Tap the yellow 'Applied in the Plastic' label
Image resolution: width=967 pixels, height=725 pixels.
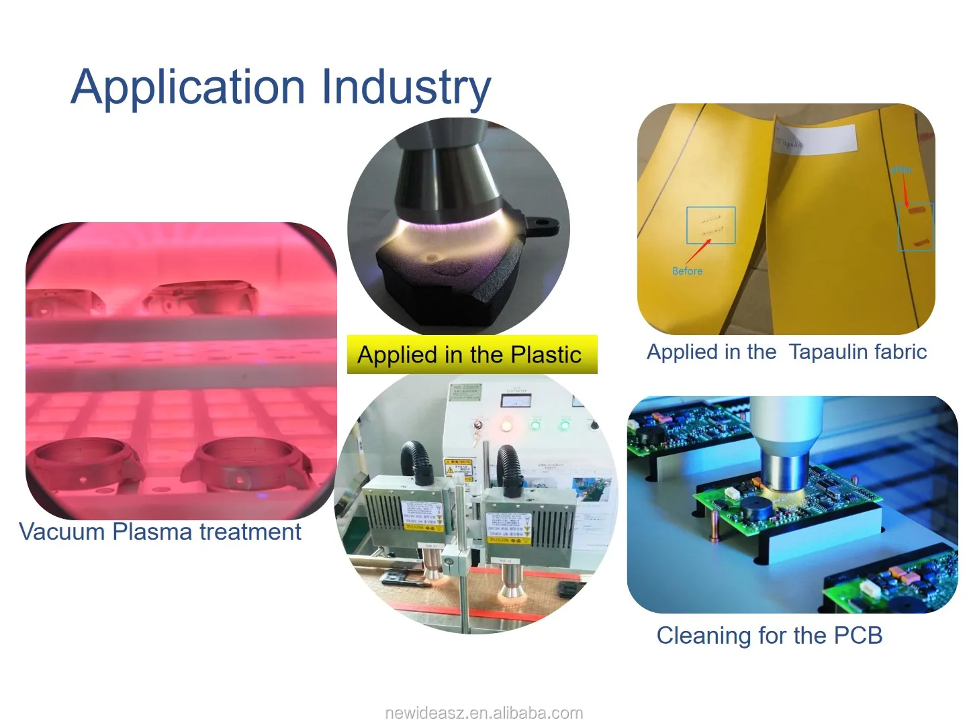(471, 354)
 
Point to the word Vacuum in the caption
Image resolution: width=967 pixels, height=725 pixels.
(62, 532)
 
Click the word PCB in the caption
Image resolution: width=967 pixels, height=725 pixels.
(858, 635)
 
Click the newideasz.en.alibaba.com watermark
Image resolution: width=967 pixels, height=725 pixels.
(483, 713)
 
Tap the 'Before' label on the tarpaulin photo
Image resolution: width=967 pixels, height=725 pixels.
(687, 271)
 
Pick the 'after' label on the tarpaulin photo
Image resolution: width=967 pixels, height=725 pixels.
(901, 169)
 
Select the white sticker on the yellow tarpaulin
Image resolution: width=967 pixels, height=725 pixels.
(816, 140)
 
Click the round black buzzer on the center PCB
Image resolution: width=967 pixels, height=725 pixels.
(757, 507)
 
